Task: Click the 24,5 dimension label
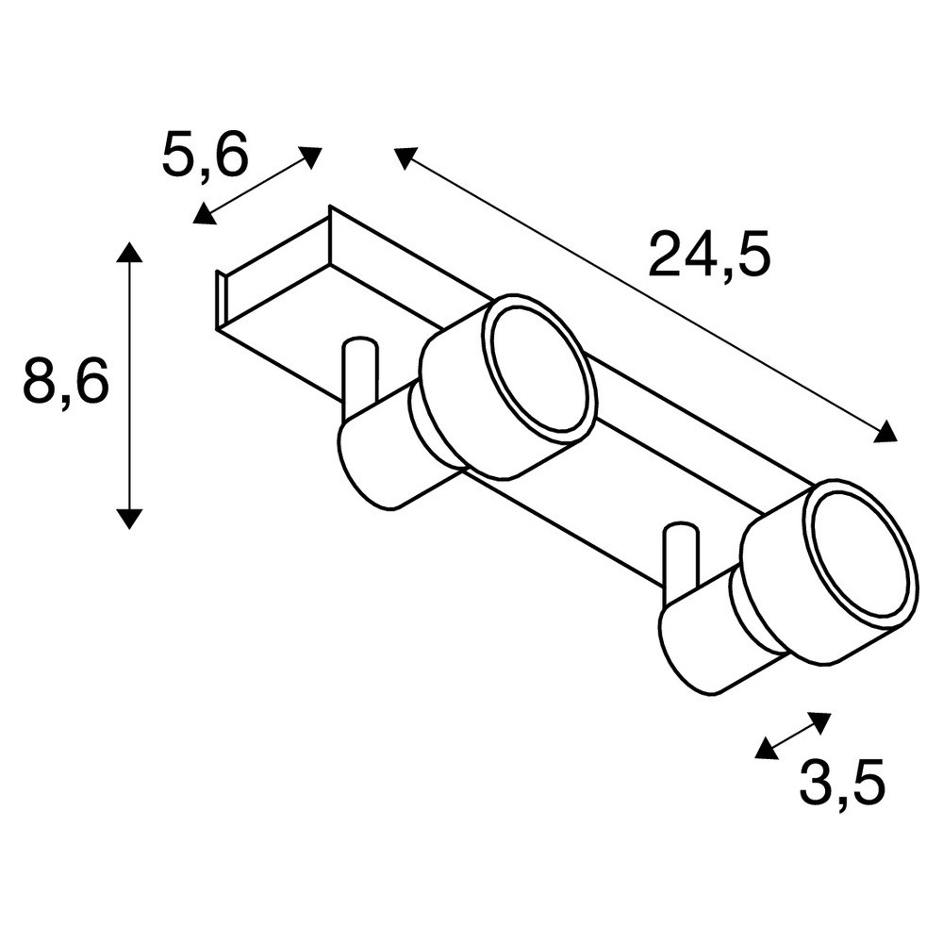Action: point(709,255)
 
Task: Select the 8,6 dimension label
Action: point(66,379)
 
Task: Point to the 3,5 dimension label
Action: point(842,783)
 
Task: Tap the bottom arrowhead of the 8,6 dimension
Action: point(129,518)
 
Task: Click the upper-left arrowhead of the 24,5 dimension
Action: point(405,157)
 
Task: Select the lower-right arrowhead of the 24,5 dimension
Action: point(885,431)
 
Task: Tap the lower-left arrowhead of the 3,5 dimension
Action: point(766,748)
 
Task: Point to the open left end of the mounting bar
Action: point(222,301)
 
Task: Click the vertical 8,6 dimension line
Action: point(129,385)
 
